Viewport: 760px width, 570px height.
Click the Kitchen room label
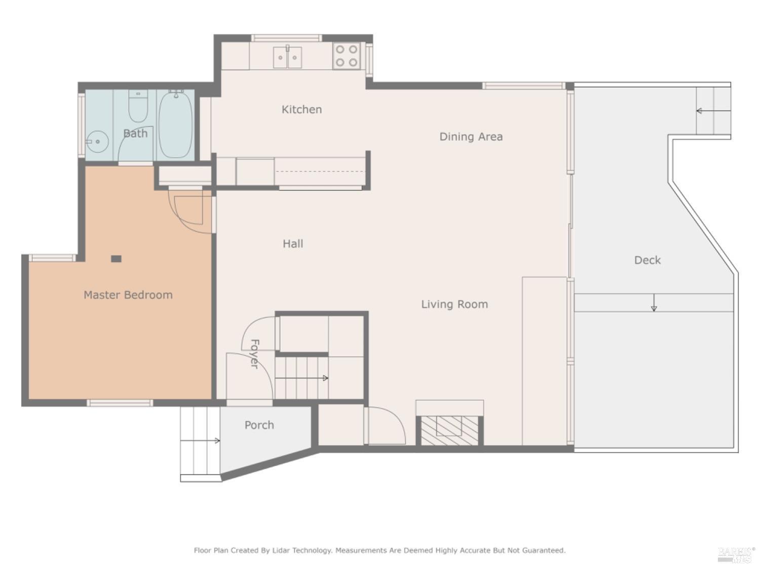(301, 109)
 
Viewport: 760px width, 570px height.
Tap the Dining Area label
(471, 137)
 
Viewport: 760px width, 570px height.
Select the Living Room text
(454, 304)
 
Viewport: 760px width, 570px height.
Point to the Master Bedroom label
(128, 295)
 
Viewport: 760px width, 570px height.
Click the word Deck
(647, 260)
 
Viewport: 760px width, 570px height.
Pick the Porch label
(259, 425)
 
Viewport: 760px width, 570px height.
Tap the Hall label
(293, 244)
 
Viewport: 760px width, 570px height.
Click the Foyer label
(255, 354)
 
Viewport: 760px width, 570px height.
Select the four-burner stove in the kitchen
(347, 56)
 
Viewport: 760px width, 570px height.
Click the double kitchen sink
(287, 57)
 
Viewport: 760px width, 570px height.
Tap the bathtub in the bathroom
(175, 124)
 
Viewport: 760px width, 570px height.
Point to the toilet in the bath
(138, 107)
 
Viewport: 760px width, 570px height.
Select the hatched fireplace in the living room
(449, 431)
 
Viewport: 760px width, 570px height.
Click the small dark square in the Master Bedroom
(116, 259)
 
